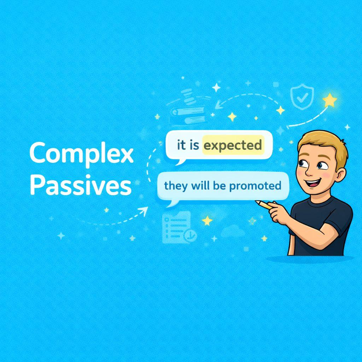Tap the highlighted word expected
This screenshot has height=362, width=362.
tap(233, 145)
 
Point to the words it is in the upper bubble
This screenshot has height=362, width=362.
tap(188, 145)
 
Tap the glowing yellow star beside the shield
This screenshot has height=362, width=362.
tap(329, 100)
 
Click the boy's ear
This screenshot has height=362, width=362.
tap(341, 175)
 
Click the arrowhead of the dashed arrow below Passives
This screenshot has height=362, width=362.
tap(144, 211)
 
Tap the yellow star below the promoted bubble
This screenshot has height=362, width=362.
tap(207, 221)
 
